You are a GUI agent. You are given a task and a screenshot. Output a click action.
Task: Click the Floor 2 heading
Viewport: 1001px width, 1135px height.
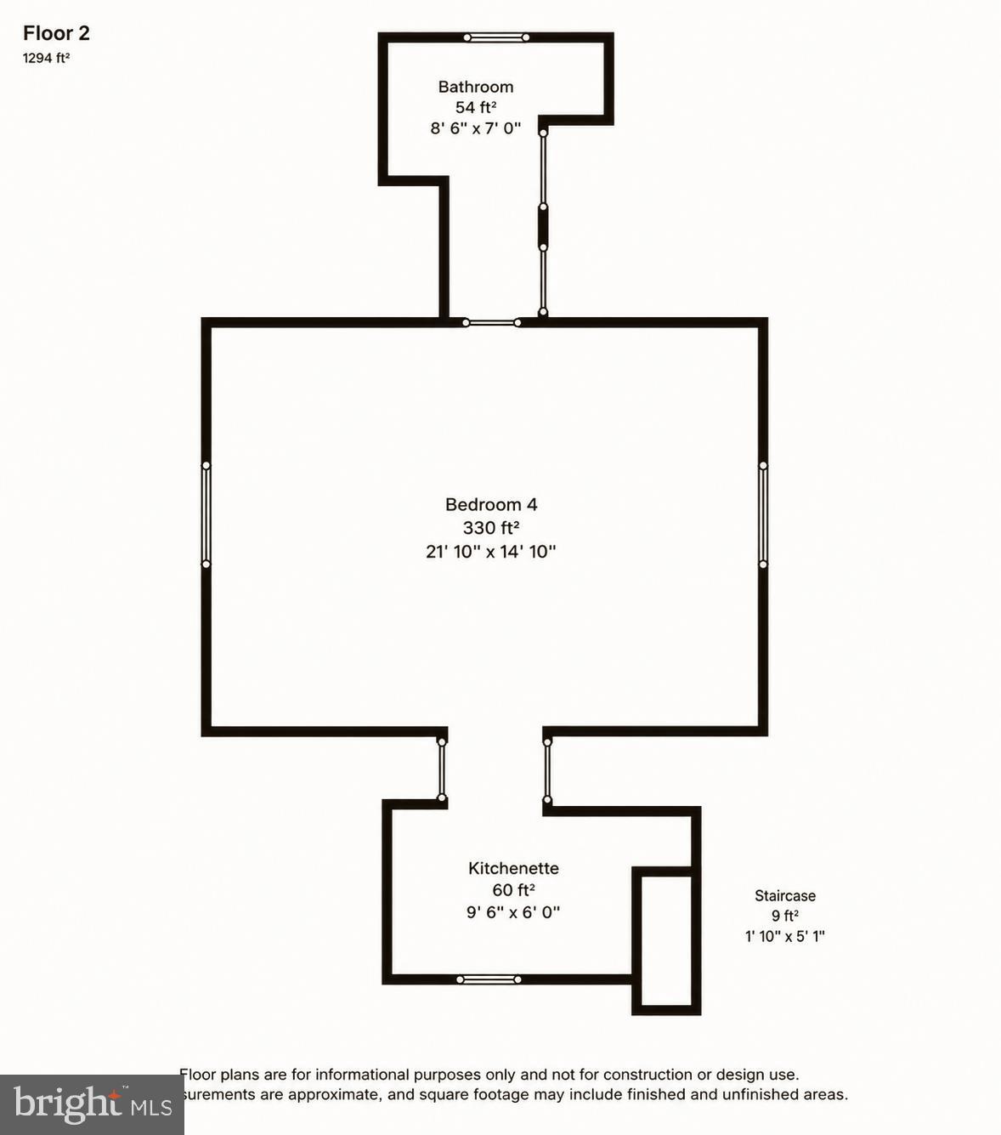click(x=56, y=34)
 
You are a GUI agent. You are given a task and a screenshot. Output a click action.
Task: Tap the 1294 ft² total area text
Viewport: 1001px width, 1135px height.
click(x=46, y=59)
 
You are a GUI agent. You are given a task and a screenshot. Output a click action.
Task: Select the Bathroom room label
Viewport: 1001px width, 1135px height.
click(x=476, y=87)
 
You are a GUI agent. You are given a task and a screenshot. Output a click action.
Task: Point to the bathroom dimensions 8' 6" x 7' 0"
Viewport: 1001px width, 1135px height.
click(x=476, y=128)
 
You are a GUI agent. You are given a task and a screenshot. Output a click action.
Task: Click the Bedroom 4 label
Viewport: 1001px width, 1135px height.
click(x=491, y=504)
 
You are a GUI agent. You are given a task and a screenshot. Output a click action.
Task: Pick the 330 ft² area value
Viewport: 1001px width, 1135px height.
click(x=491, y=527)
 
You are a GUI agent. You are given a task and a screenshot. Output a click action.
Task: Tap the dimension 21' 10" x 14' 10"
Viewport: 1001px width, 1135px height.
click(x=491, y=552)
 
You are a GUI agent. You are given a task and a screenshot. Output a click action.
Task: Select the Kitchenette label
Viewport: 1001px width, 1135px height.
click(x=513, y=868)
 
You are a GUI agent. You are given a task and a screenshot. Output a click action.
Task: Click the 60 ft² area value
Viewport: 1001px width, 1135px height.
click(x=513, y=890)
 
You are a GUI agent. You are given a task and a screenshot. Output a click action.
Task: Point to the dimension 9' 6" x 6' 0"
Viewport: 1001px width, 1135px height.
click(x=513, y=912)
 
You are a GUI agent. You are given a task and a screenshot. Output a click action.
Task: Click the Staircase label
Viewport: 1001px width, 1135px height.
click(x=785, y=896)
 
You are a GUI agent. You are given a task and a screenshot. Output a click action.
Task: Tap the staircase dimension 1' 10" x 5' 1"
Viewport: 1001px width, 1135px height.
click(x=785, y=936)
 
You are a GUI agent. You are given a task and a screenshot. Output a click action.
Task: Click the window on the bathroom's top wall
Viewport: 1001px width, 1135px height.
click(x=496, y=37)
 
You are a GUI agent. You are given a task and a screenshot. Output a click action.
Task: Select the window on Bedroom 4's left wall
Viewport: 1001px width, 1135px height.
click(x=206, y=515)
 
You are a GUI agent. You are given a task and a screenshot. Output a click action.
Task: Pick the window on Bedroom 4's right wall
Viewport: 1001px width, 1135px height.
click(x=763, y=515)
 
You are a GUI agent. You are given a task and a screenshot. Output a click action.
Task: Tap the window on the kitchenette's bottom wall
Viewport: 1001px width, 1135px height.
click(x=489, y=979)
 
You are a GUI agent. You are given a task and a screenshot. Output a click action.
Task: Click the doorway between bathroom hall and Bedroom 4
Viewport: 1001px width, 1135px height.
click(x=491, y=323)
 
